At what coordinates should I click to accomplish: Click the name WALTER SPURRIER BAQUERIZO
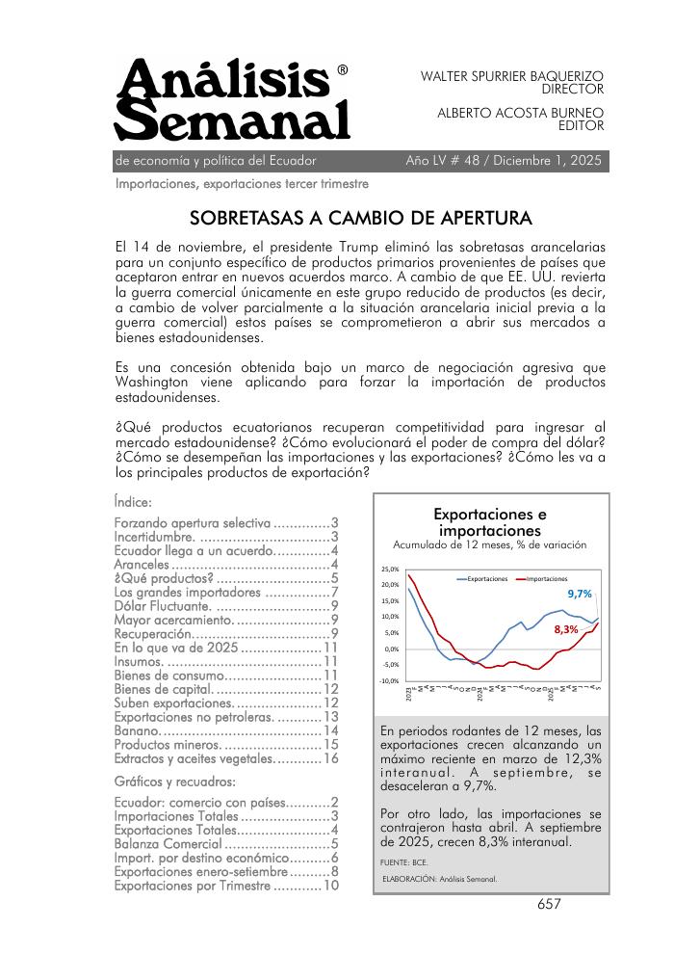coord(512,75)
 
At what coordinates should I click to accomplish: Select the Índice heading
coord(133,501)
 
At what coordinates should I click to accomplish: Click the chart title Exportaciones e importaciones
coord(489,521)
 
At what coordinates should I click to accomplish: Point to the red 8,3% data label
coord(566,629)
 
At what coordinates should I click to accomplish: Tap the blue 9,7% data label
coord(579,595)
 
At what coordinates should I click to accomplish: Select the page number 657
coord(550,904)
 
